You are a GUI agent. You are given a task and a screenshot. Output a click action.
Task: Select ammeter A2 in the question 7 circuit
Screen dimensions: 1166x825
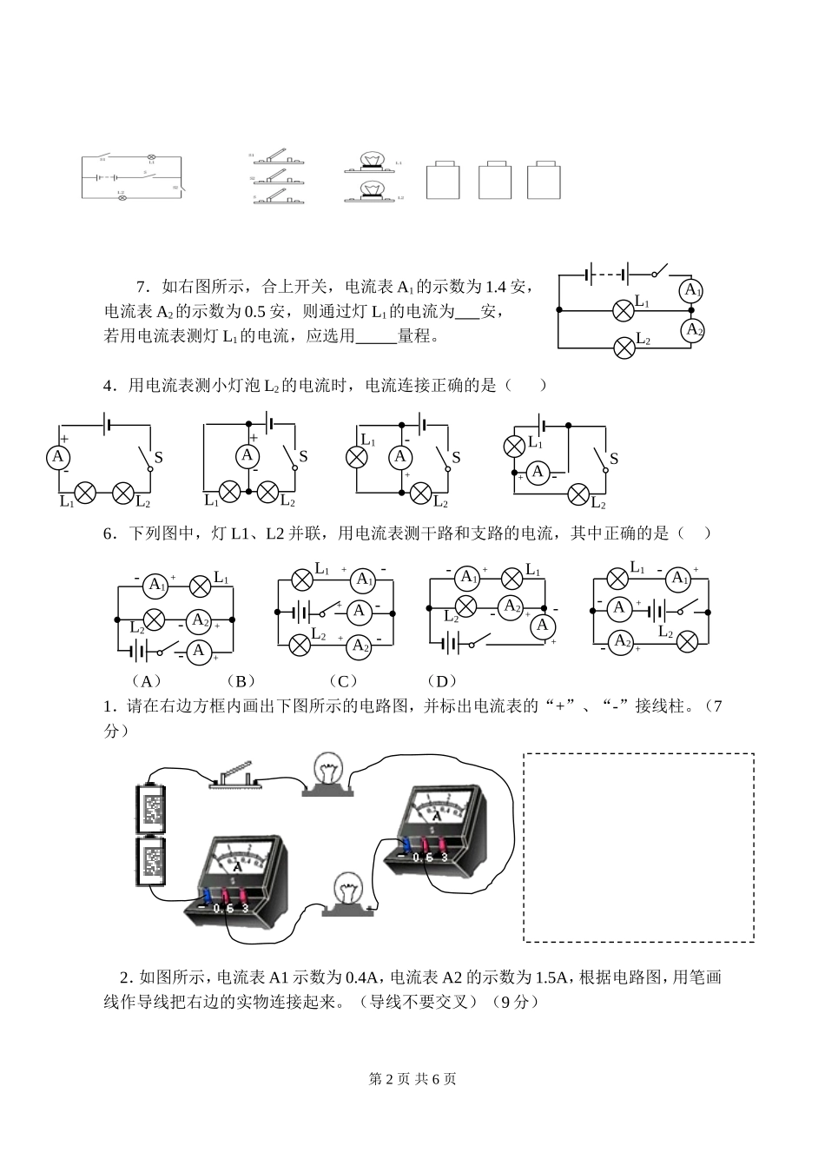692,330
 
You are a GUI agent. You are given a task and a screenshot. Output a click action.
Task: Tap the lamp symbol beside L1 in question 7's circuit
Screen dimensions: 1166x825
623,309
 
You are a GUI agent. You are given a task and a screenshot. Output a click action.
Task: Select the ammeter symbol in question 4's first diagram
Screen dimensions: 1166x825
58,456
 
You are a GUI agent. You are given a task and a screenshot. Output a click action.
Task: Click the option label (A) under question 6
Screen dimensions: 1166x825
145,681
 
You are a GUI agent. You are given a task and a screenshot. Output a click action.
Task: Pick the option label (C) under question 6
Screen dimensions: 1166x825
342,681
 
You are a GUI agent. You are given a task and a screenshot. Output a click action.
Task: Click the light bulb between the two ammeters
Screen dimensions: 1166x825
348,893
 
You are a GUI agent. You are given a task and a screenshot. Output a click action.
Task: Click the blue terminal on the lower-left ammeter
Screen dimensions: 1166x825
207,895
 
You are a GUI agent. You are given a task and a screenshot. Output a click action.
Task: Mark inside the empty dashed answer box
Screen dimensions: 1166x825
638,847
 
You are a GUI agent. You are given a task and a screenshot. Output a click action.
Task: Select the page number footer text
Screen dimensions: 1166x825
412,1078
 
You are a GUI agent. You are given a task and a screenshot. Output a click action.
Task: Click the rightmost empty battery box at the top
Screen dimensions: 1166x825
544,180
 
